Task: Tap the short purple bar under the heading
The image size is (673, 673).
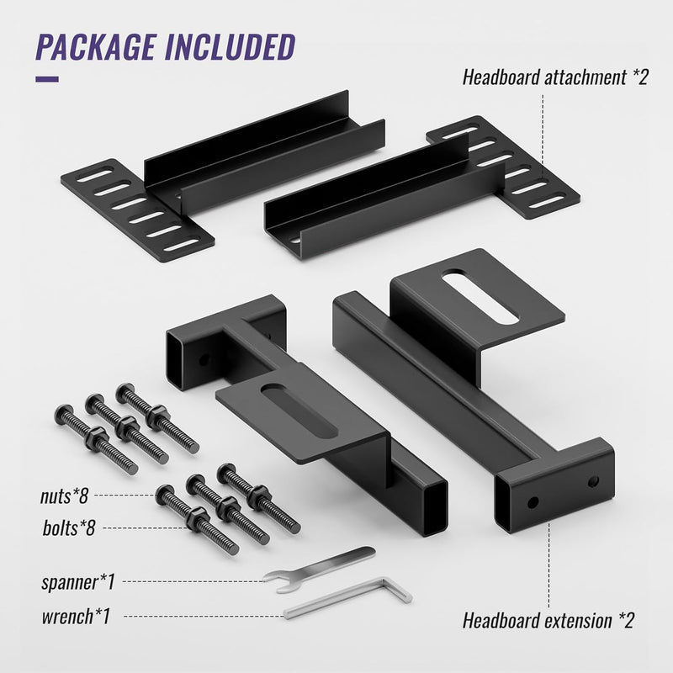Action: pyautogui.click(x=46, y=80)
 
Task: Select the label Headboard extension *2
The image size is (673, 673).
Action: pyautogui.click(x=548, y=621)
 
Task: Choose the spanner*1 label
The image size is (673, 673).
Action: pyautogui.click(x=76, y=581)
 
